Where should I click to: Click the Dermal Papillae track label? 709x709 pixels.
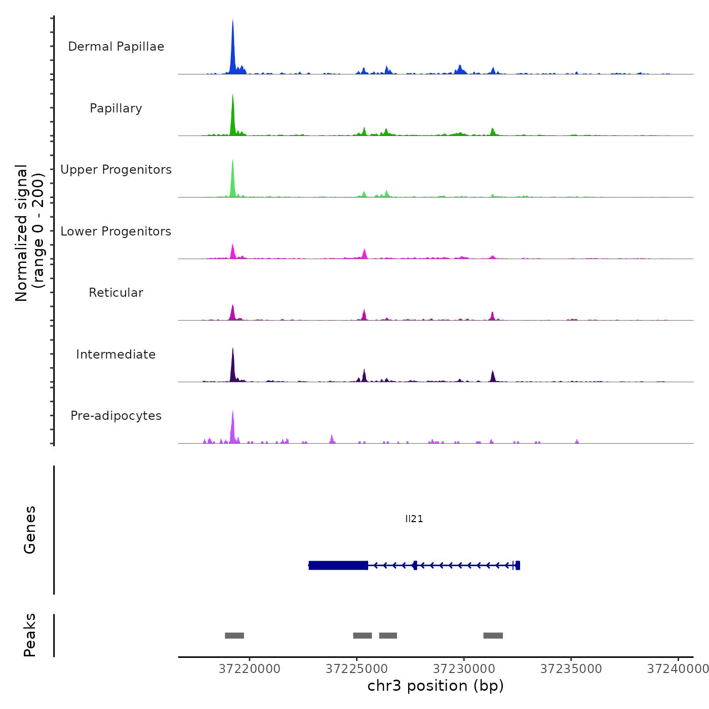tap(116, 47)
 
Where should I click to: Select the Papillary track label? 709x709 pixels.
tap(116, 108)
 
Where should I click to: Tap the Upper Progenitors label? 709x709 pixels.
tap(116, 170)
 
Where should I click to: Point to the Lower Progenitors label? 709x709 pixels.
tap(116, 231)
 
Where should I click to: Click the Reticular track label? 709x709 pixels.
tap(116, 293)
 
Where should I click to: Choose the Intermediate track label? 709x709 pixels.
tap(116, 354)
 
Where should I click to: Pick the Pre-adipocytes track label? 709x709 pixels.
tap(116, 416)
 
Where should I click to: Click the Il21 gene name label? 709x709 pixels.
tap(414, 519)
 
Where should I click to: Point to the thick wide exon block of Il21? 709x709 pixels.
tap(338, 565)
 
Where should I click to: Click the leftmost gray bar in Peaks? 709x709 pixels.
tap(234, 636)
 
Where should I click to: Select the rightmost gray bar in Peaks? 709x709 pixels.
tap(493, 636)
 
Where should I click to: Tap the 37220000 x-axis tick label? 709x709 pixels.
tap(249, 669)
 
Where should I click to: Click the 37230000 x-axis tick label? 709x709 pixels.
tap(464, 669)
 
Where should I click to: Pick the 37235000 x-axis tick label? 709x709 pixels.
tap(571, 669)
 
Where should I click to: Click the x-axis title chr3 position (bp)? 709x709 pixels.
tap(436, 686)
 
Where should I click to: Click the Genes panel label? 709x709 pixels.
tap(30, 530)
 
